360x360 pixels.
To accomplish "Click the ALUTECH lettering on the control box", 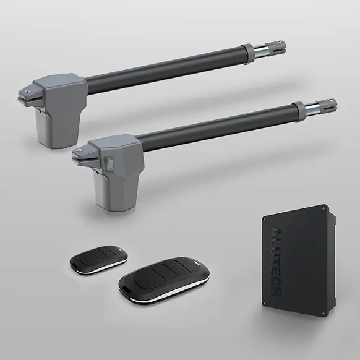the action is click(x=276, y=262).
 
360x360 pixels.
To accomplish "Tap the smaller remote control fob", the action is click(x=99, y=260).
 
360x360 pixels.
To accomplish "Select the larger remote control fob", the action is click(x=164, y=280).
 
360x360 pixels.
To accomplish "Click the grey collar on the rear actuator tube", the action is click(x=249, y=53).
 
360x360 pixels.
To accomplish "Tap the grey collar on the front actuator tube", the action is click(x=300, y=111).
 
